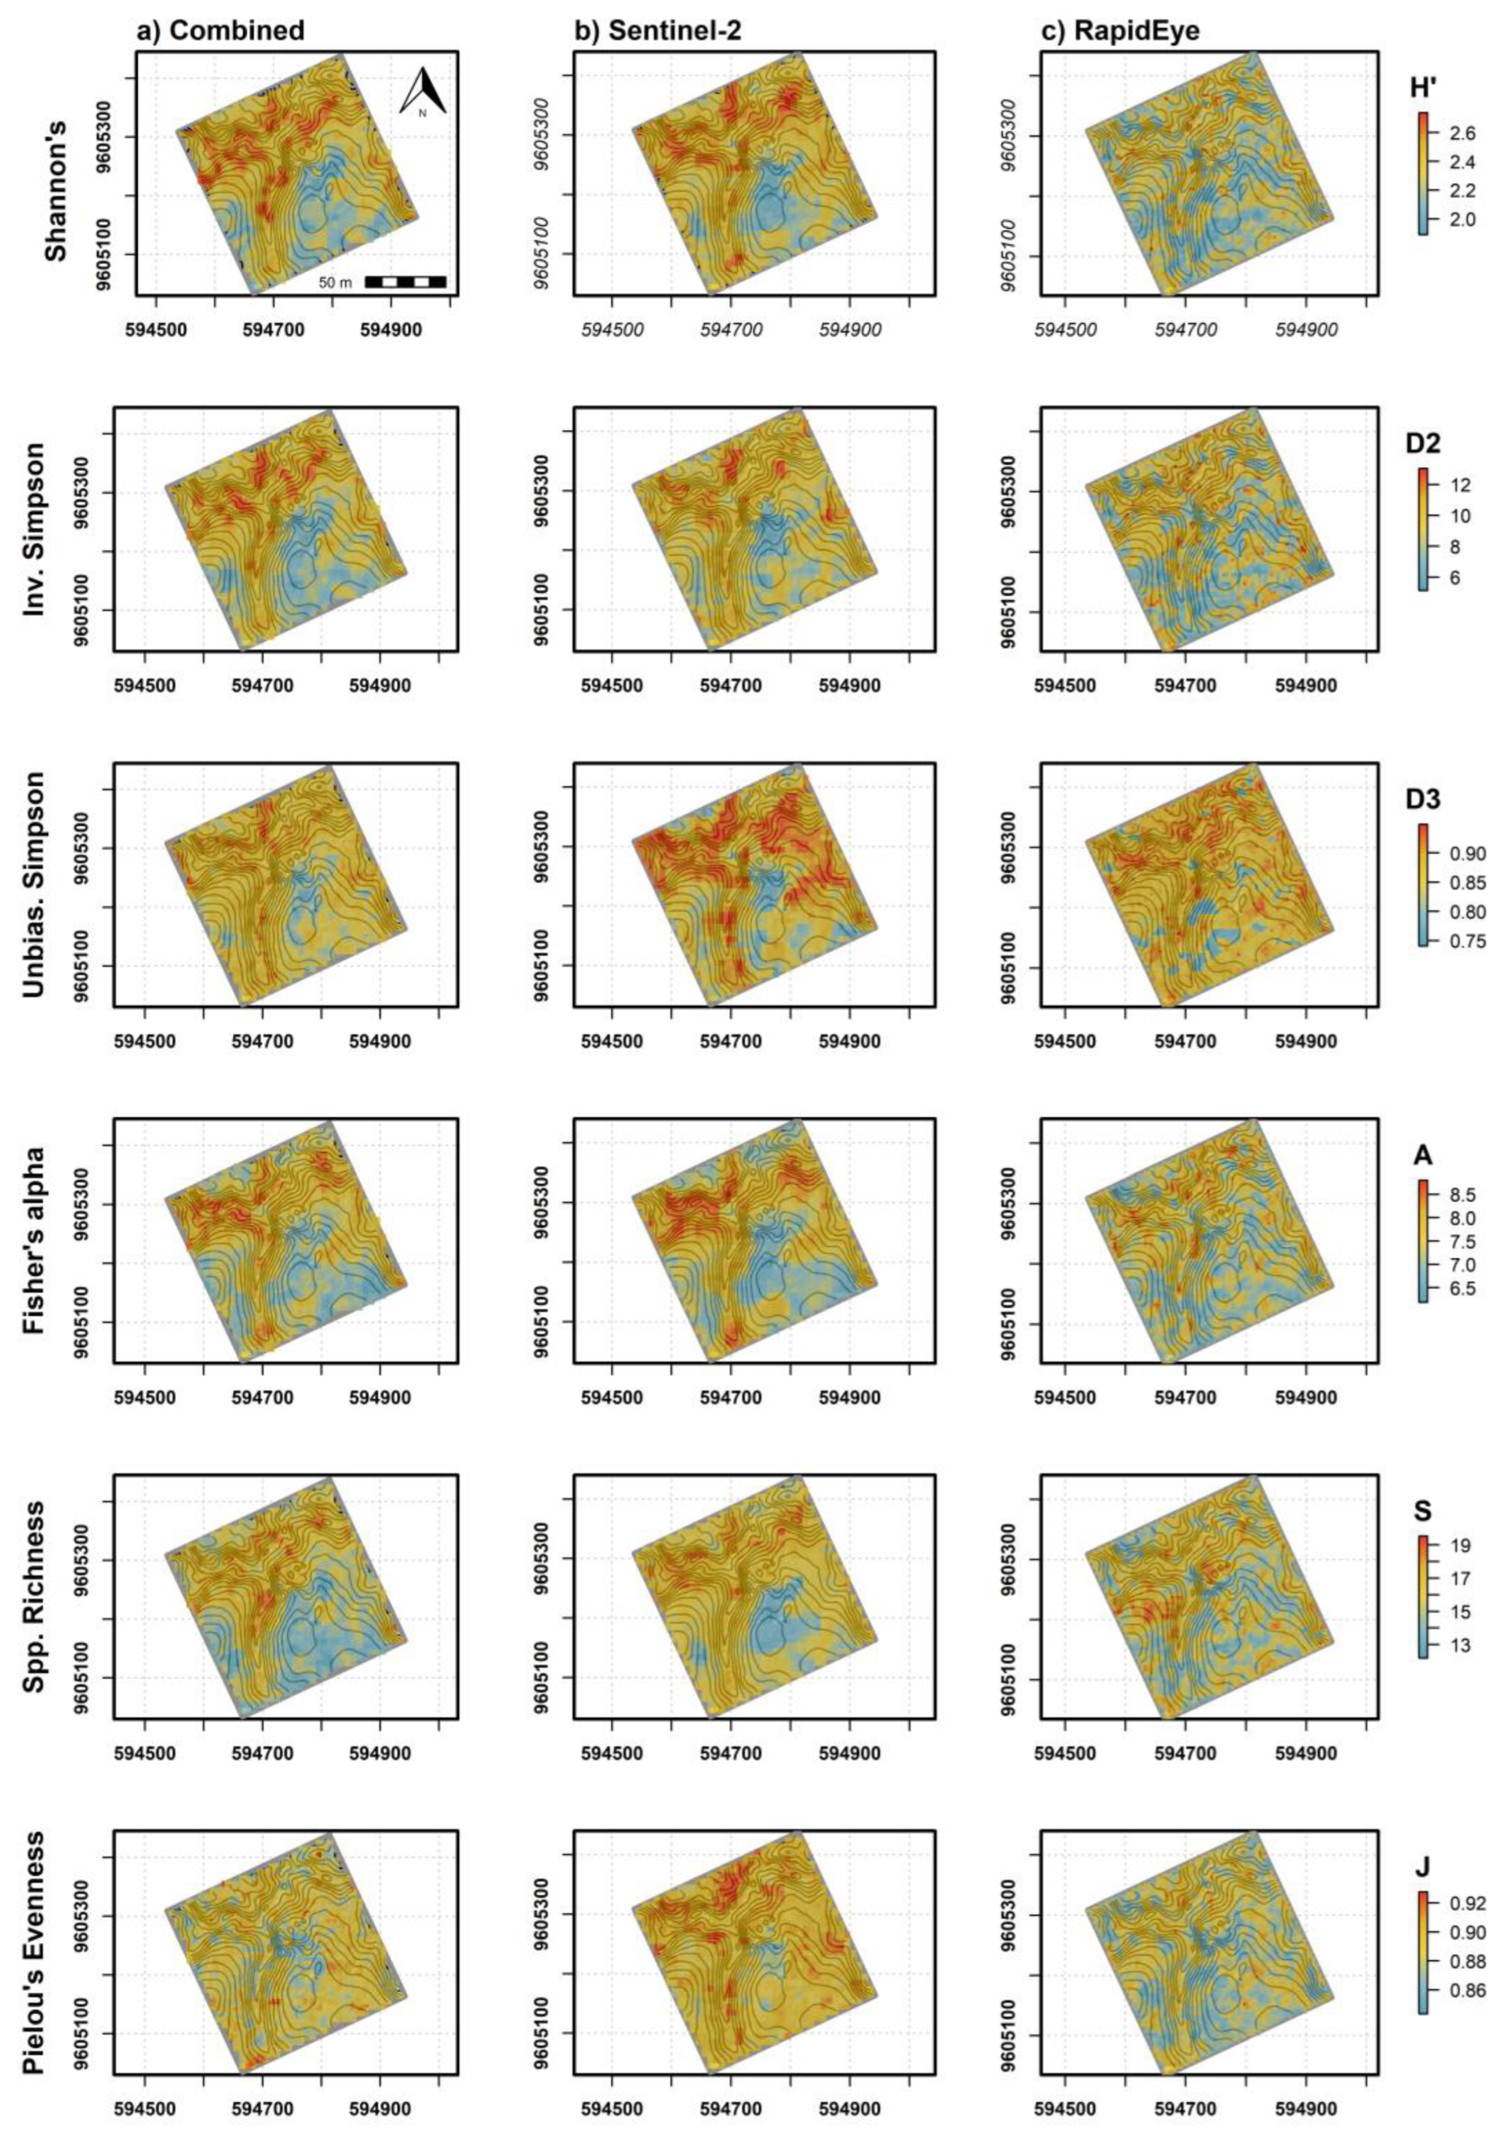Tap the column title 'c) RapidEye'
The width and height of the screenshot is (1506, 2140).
pyautogui.click(x=1120, y=31)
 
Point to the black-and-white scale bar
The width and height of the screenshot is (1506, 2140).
pyautogui.click(x=405, y=282)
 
